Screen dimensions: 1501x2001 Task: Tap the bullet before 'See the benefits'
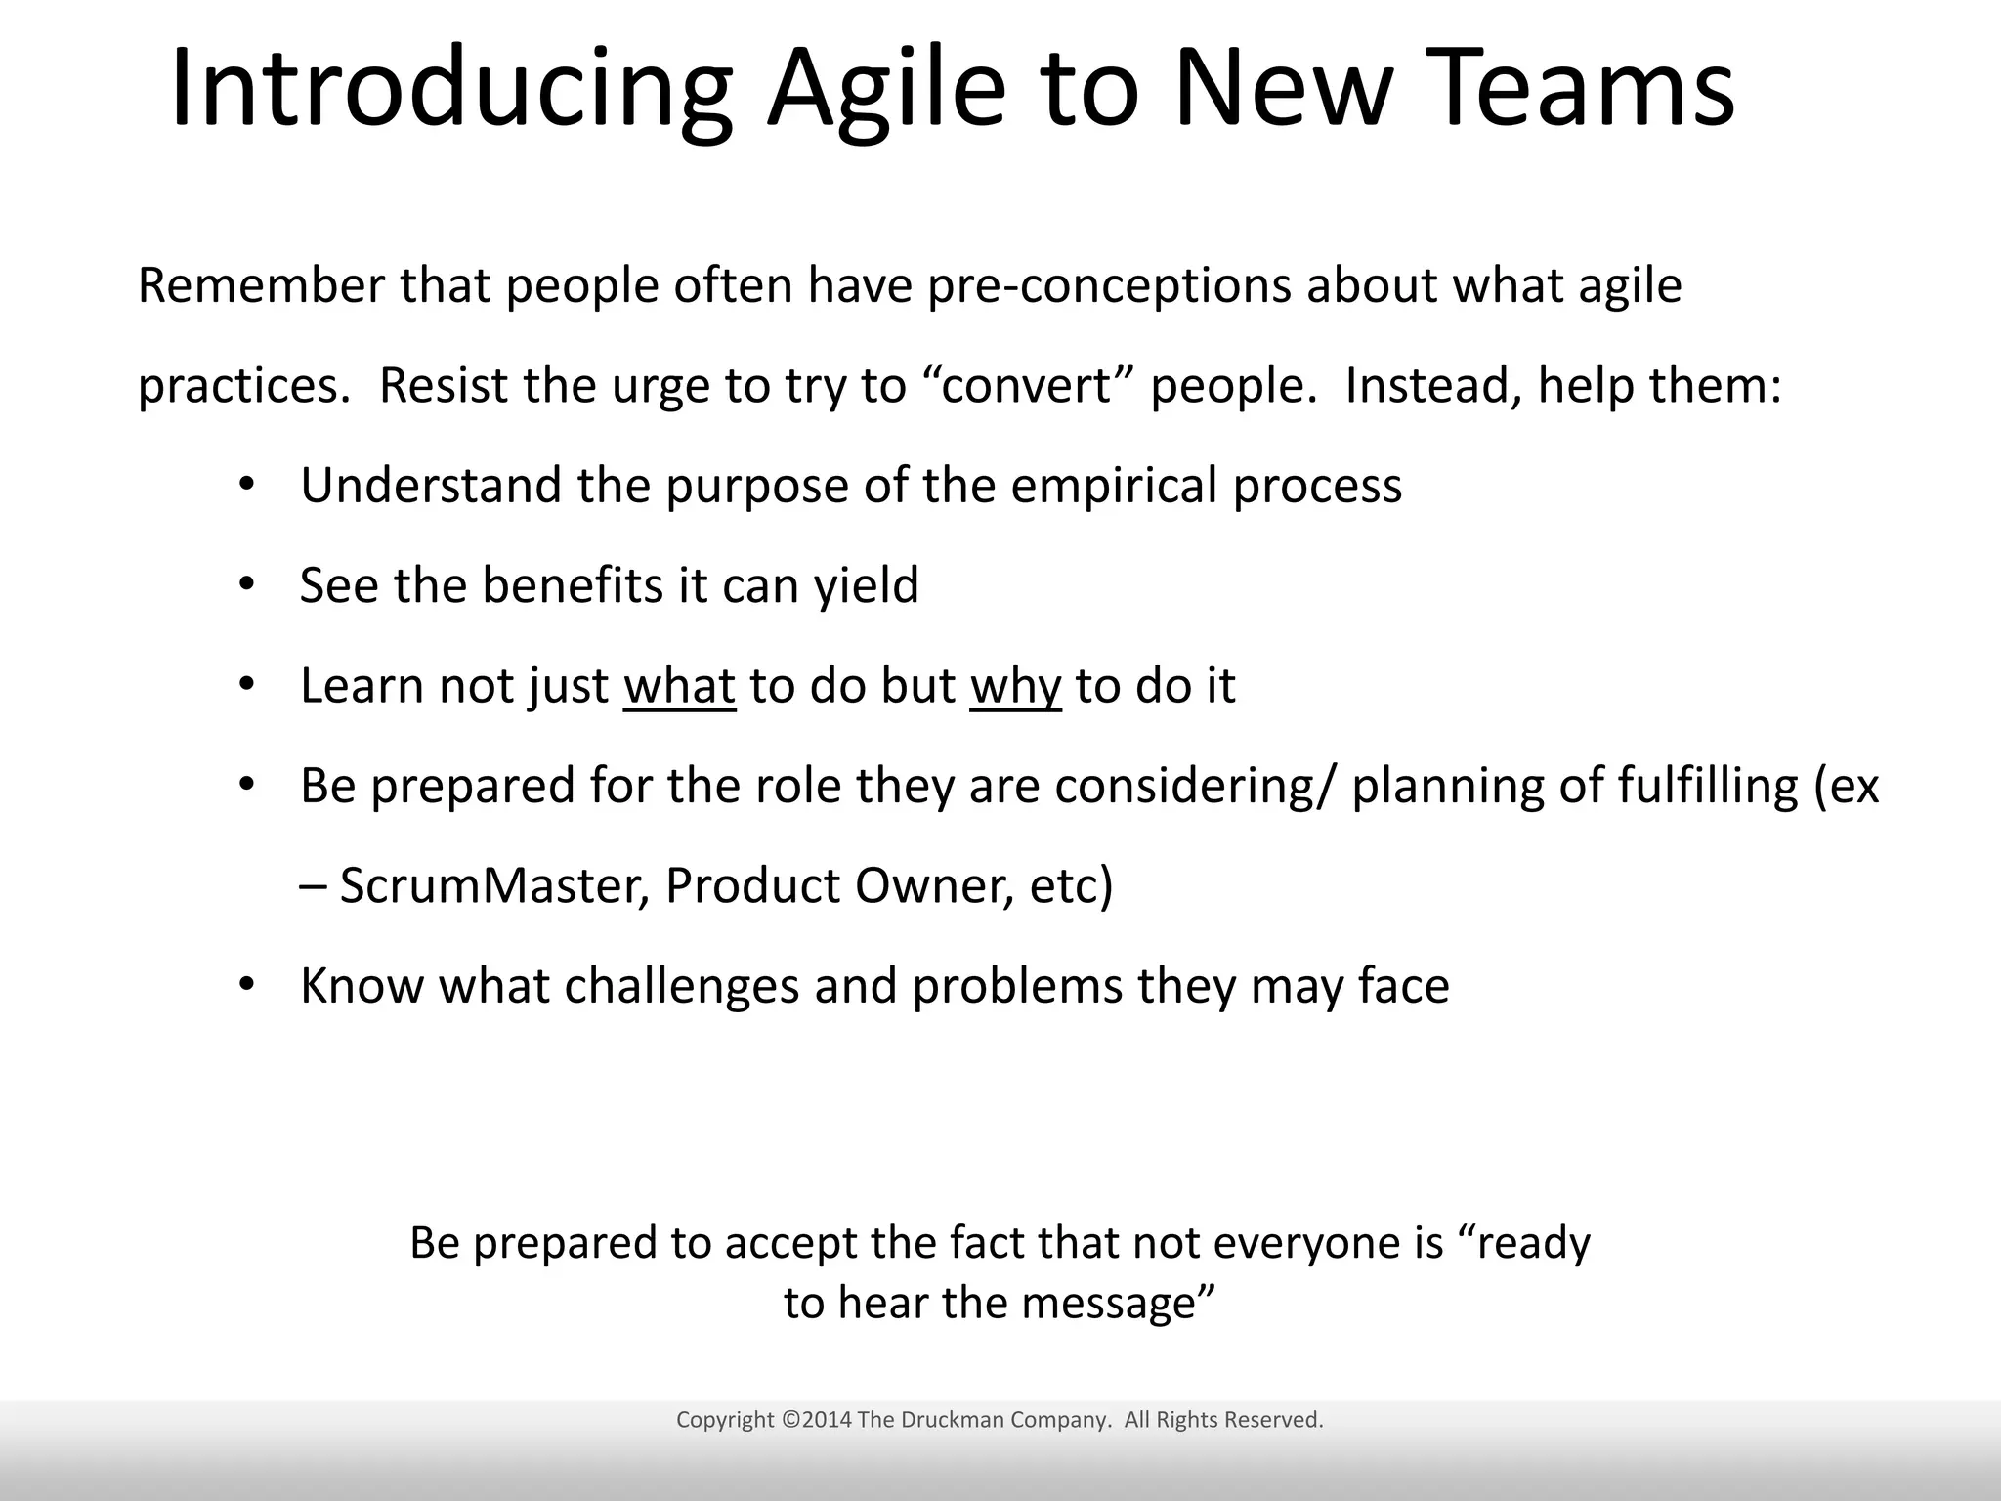pyautogui.click(x=246, y=584)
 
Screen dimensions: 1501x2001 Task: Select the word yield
pyautogui.click(x=867, y=586)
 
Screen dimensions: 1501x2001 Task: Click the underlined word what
pyautogui.click(x=679, y=685)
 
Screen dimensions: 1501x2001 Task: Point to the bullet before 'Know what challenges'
pyautogui.click(x=246, y=984)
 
